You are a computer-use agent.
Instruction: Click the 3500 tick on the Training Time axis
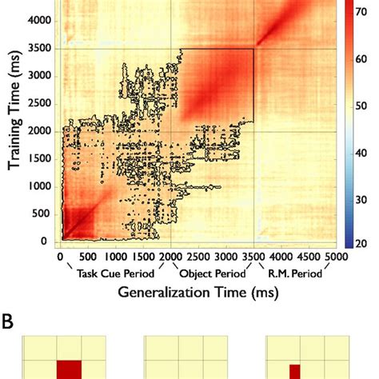click(x=42, y=49)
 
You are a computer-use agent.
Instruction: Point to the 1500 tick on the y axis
click(x=42, y=159)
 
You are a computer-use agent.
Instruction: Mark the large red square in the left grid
click(x=69, y=370)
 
